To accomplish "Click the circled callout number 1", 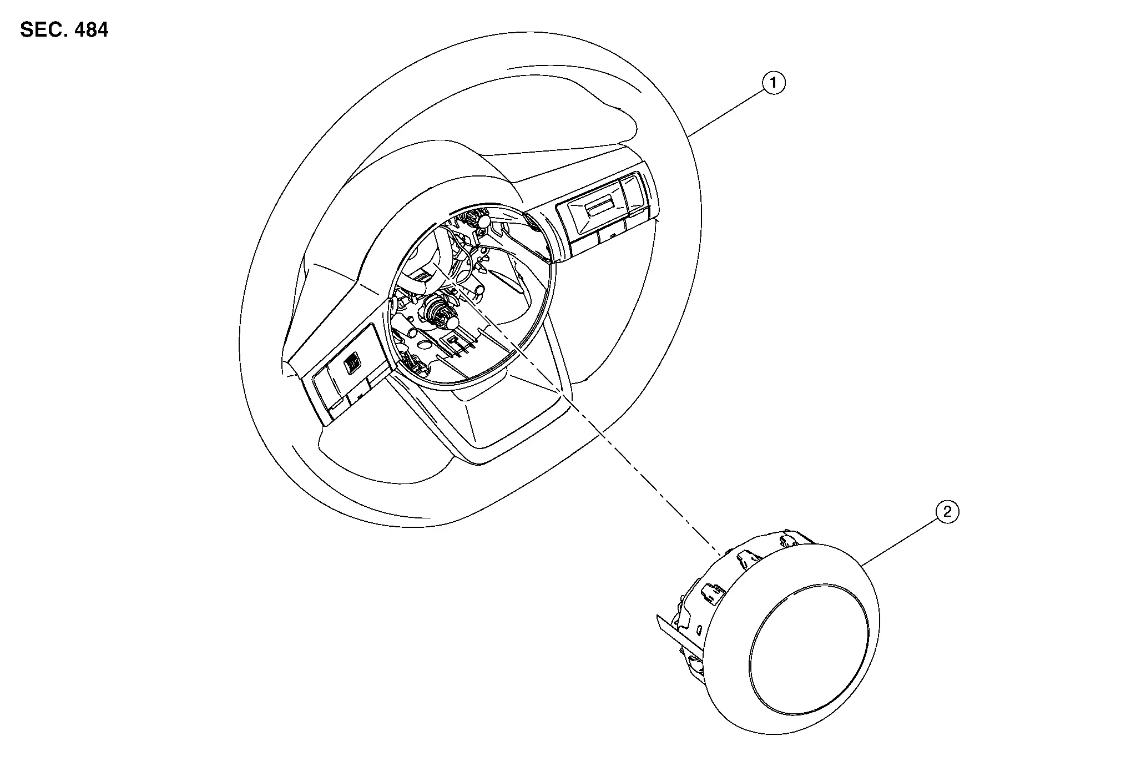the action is click(x=774, y=83).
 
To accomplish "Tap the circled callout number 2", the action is click(x=947, y=511).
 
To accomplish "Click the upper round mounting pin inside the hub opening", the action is click(x=483, y=221).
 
